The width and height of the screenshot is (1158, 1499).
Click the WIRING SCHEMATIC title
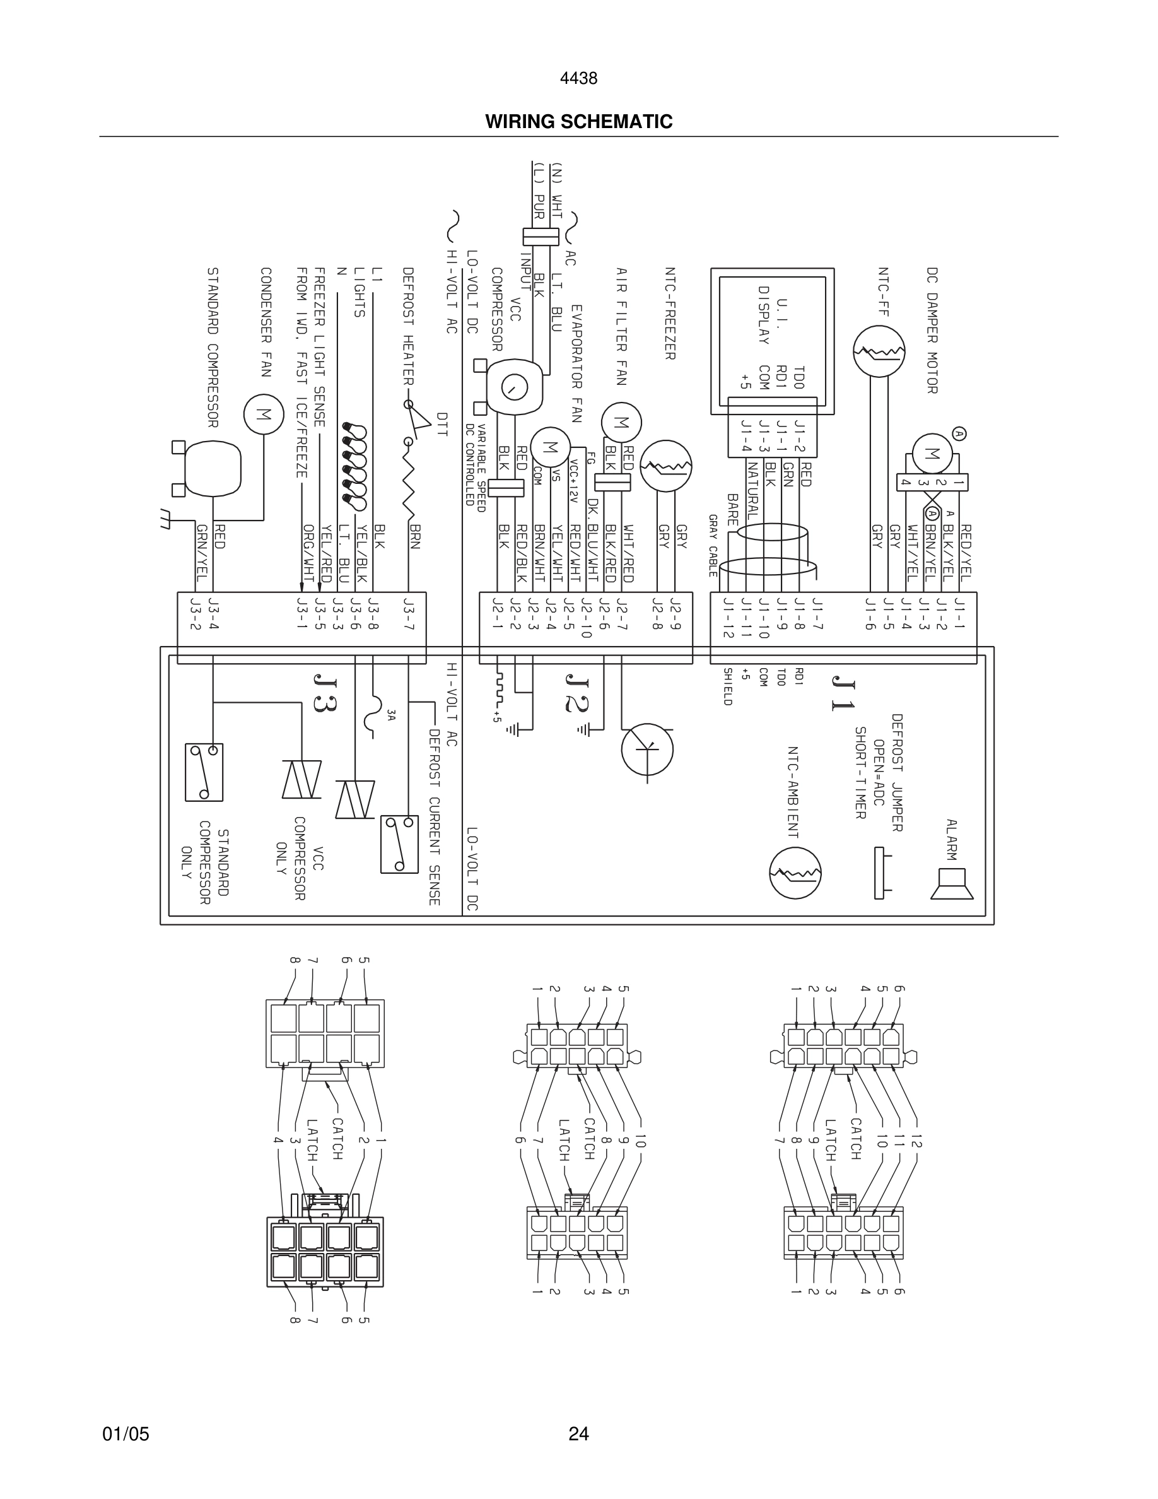[578, 122]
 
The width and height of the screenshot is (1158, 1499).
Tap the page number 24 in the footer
[578, 1434]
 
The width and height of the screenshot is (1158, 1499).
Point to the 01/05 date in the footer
[126, 1434]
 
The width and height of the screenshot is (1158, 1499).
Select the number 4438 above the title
[578, 79]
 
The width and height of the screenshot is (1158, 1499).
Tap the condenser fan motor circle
[264, 414]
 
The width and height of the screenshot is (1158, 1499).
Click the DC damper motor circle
[932, 454]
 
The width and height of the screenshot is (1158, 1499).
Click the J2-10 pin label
[585, 618]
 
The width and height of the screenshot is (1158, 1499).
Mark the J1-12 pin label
[728, 618]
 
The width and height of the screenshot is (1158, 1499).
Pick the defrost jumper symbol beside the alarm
[880, 873]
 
